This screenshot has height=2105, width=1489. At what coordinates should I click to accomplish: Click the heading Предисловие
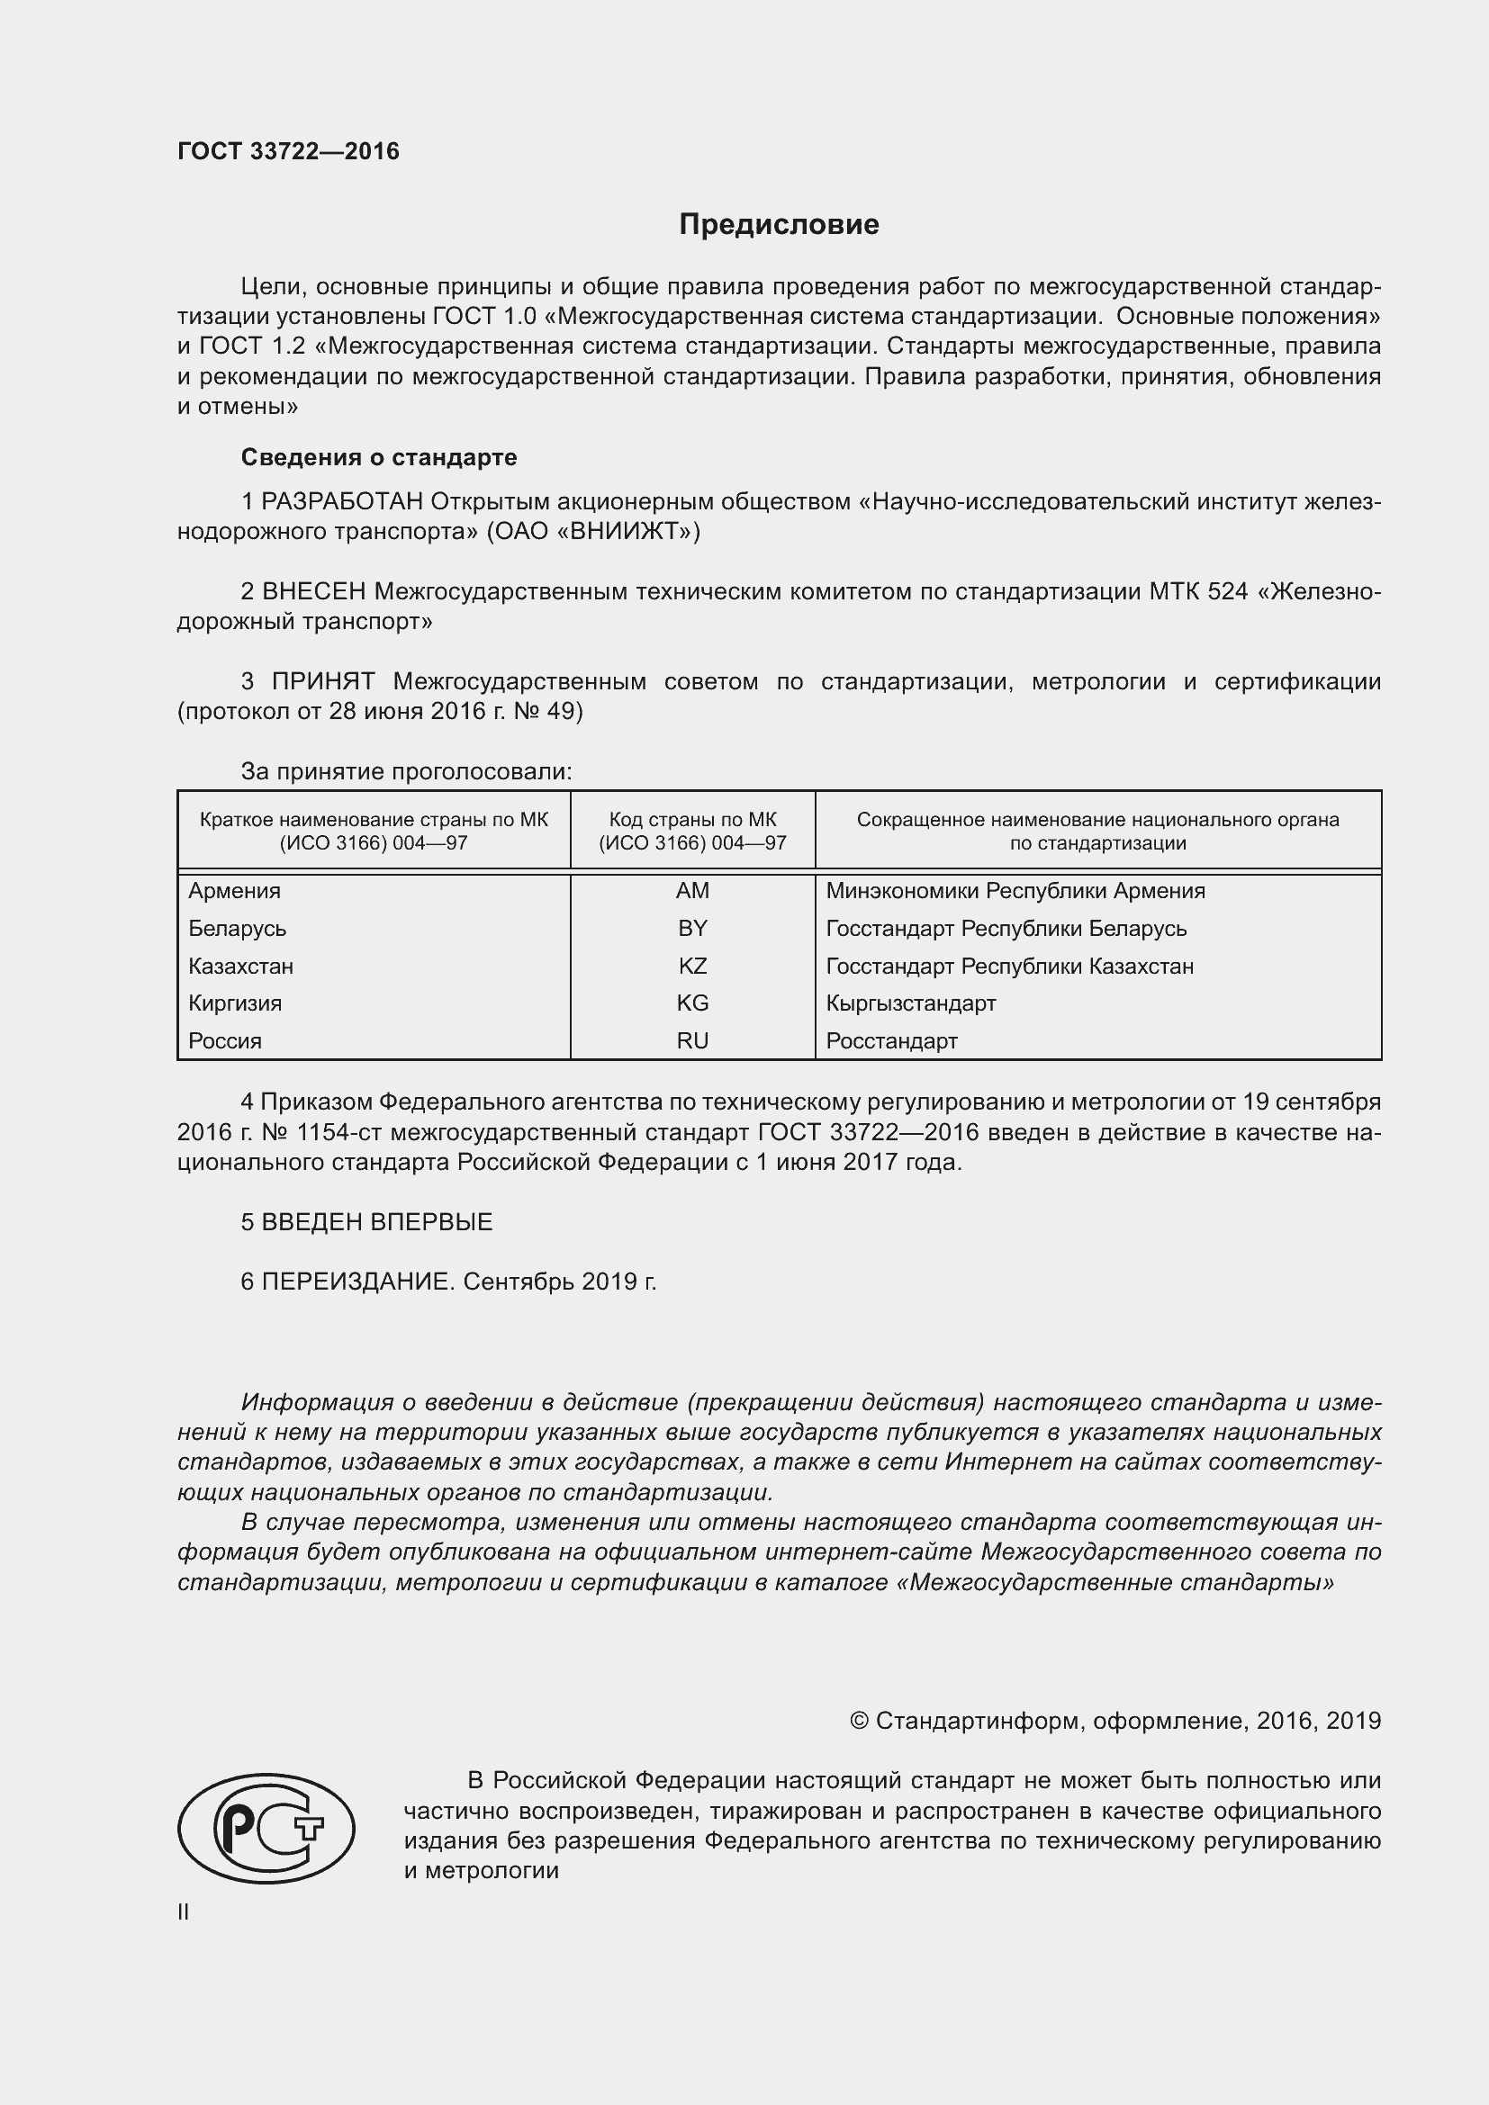click(779, 225)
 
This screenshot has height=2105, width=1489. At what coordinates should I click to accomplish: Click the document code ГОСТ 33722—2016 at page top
click(289, 151)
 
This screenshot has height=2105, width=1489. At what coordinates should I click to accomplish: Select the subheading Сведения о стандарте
click(379, 457)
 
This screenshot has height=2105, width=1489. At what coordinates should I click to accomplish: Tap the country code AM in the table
click(692, 891)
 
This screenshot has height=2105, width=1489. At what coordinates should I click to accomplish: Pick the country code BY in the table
click(692, 929)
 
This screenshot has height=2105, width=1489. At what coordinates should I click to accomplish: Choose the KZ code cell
click(692, 967)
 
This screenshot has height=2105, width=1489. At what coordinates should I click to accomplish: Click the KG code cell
click(692, 1003)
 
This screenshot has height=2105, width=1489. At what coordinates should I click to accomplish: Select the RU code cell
click(692, 1040)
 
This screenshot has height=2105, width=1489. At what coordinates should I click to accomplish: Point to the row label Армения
click(235, 891)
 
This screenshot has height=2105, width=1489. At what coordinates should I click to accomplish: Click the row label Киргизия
click(235, 1003)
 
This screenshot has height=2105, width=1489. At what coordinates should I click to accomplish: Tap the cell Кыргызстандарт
click(910, 1003)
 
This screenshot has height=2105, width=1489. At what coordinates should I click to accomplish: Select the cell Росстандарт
click(891, 1040)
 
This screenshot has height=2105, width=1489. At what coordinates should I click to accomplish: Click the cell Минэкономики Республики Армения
click(1015, 891)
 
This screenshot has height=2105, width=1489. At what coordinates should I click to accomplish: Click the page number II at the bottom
click(184, 1912)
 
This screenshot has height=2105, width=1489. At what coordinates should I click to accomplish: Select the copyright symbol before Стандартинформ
click(858, 1721)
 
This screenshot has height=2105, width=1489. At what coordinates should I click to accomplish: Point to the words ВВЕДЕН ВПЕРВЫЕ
click(377, 1222)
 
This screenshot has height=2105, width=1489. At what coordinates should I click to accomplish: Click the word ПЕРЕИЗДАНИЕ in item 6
click(357, 1282)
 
